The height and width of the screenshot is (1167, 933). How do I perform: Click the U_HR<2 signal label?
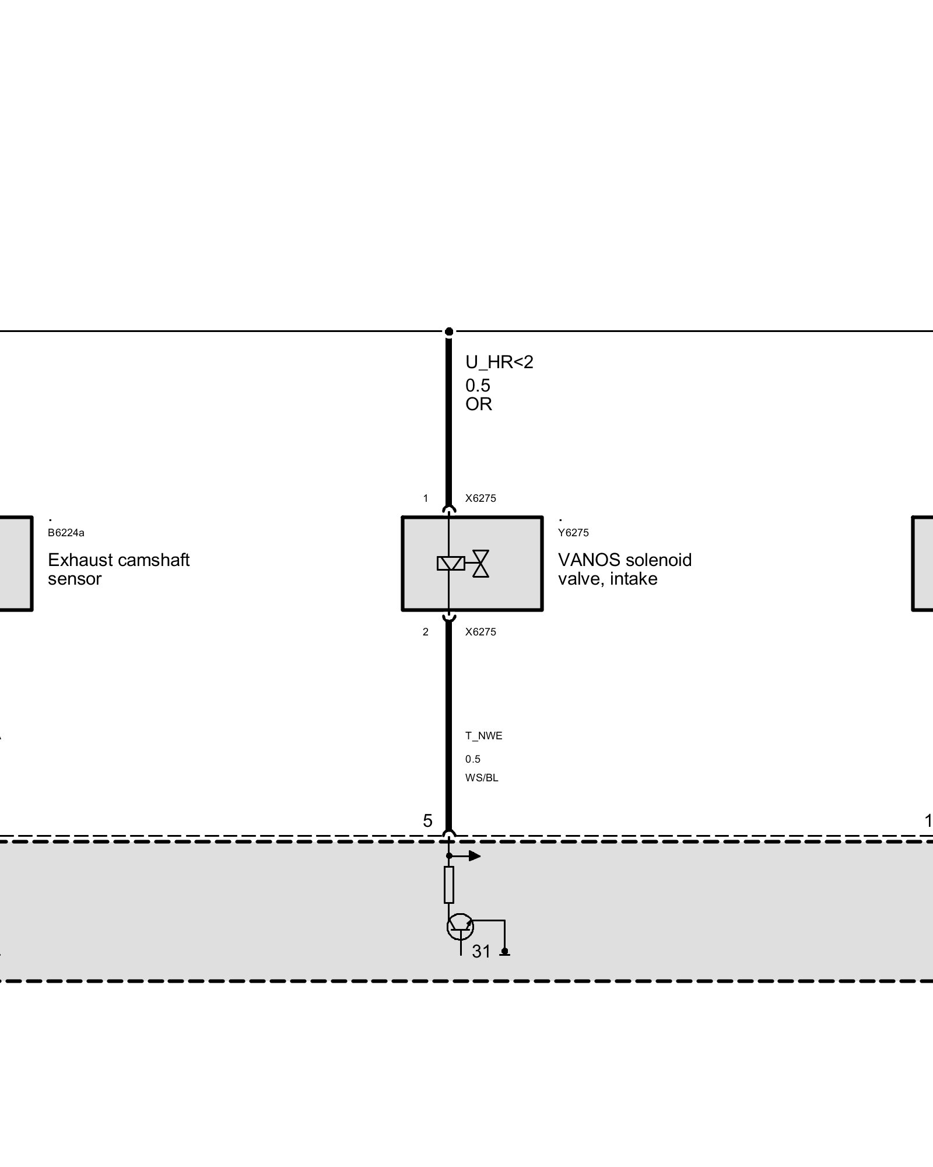tap(499, 362)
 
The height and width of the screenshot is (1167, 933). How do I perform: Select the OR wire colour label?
tap(478, 404)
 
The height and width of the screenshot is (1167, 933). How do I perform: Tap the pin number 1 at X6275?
tap(426, 498)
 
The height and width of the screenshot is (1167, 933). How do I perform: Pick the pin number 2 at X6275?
tap(426, 632)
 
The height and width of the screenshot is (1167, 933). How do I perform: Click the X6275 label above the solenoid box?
tap(480, 498)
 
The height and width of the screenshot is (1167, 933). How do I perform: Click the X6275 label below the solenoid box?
tap(480, 632)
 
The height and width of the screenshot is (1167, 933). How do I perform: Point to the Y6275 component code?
tap(573, 533)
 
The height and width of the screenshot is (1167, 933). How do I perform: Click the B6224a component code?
tap(66, 533)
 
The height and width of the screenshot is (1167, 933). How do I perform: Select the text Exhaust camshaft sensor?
tap(118, 569)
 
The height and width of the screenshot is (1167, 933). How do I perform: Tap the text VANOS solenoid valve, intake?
tap(625, 569)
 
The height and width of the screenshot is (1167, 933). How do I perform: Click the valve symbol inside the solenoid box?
tap(480, 563)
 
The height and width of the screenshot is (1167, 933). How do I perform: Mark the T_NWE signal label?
tap(483, 736)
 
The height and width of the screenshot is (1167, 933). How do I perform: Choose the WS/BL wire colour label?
tap(482, 778)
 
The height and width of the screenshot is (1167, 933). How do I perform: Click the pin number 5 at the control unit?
tap(427, 821)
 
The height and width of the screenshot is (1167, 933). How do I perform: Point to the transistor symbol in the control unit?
tap(460, 926)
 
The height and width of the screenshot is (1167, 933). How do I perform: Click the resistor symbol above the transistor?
tap(448, 885)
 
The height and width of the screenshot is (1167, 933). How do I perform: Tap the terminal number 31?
tap(481, 952)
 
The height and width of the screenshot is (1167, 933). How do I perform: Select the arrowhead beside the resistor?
tap(475, 856)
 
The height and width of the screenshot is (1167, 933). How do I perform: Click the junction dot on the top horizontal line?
tap(448, 332)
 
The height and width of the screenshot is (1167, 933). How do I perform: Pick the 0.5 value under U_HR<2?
tap(478, 386)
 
